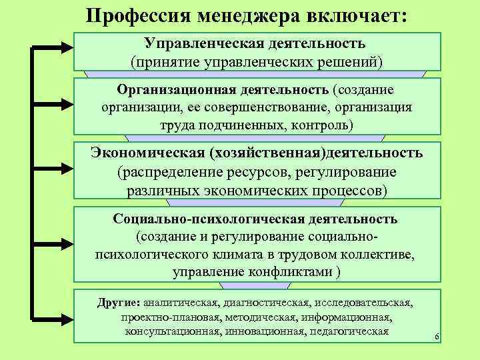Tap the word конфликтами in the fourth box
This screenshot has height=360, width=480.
[289, 272]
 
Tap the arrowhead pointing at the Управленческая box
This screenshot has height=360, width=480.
[67, 47]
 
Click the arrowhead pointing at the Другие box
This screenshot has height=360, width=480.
[67, 319]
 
